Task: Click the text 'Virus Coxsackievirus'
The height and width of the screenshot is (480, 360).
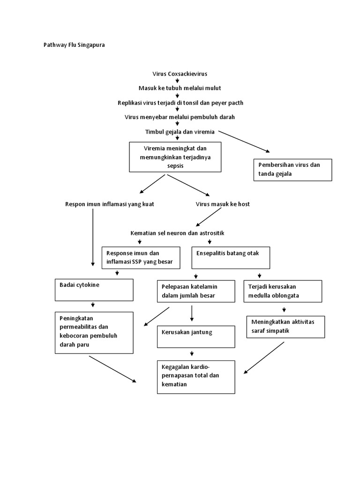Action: [180, 74]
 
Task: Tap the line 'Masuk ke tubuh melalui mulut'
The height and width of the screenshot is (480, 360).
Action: [180, 88]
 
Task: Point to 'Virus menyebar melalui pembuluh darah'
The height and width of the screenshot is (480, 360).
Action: [180, 117]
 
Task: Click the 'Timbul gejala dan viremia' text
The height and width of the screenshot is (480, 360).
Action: [180, 132]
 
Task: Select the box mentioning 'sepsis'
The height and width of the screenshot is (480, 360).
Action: [175, 157]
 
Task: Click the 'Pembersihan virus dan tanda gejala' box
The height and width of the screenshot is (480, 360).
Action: [292, 170]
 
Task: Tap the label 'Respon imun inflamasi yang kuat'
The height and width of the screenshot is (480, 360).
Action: [109, 204]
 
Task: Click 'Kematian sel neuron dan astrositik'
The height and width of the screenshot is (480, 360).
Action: [180, 233]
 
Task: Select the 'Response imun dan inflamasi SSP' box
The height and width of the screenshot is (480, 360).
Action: [141, 258]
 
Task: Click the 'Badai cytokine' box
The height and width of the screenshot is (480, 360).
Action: [94, 290]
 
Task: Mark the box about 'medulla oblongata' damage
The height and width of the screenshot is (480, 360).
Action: [283, 291]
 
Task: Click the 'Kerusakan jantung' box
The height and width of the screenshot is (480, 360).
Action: [195, 337]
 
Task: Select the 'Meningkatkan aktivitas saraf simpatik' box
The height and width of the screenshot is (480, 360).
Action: [285, 326]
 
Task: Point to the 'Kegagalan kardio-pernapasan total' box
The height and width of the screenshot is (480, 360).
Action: [195, 376]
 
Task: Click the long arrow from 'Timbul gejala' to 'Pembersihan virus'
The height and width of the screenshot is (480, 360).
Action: [244, 141]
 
